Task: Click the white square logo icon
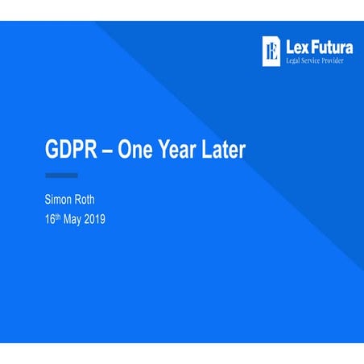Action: [272, 51]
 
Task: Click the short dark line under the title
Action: [60, 175]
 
